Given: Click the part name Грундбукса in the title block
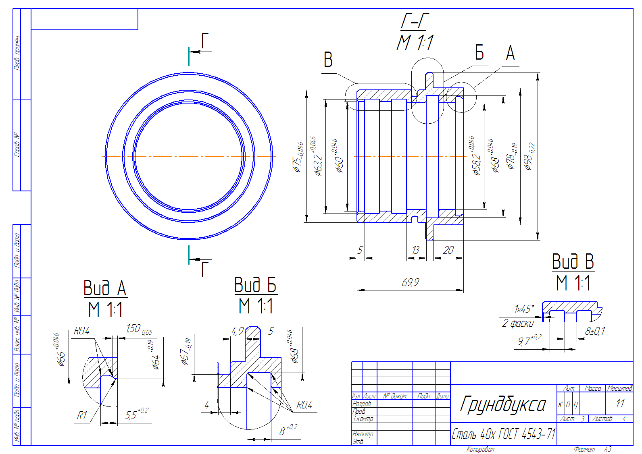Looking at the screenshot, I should (x=503, y=404).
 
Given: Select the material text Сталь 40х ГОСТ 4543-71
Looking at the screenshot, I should (x=503, y=434).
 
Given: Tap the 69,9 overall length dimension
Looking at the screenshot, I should (x=410, y=282).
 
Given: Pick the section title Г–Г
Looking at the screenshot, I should (x=414, y=21).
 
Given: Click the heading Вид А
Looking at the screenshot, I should (x=105, y=288).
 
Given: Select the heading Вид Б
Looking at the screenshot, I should (x=255, y=285).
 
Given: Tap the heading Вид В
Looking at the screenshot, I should (x=573, y=261).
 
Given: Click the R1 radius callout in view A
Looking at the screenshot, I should (x=82, y=415).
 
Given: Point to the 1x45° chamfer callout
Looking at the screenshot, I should (x=524, y=309).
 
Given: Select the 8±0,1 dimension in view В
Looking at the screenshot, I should (x=595, y=331).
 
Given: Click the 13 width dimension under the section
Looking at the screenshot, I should (x=415, y=250).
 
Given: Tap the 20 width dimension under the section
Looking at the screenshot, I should (x=448, y=250).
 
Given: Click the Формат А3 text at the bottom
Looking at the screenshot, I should (x=592, y=449).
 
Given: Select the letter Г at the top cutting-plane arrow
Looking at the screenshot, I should (x=205, y=41).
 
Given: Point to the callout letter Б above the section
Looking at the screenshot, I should (x=479, y=53).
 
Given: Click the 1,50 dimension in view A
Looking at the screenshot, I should (x=139, y=330).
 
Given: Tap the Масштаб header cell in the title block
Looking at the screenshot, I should (x=619, y=388).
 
